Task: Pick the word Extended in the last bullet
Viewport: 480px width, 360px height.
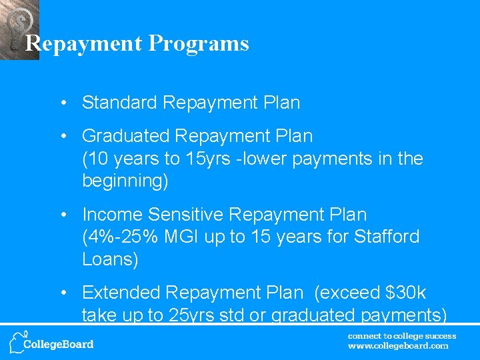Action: (x=121, y=293)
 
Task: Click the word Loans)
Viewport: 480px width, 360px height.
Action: (x=110, y=259)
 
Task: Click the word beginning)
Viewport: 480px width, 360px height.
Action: (x=125, y=181)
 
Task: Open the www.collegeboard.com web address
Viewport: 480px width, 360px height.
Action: (x=398, y=346)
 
